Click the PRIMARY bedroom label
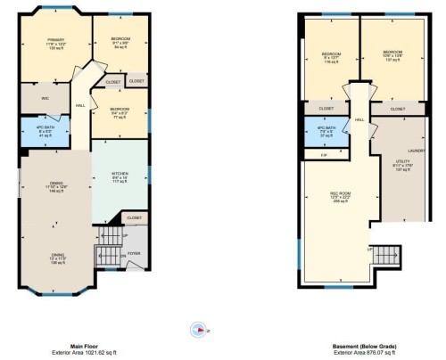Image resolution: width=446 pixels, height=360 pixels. [x=56, y=39]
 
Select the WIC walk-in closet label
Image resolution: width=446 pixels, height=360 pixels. [x=45, y=99]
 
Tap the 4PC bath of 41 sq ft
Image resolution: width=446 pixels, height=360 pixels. [x=45, y=135]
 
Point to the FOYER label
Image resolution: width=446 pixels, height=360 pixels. [x=135, y=253]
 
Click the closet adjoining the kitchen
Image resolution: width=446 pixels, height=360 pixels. [x=134, y=217]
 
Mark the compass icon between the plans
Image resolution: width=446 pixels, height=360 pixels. [x=197, y=327]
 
